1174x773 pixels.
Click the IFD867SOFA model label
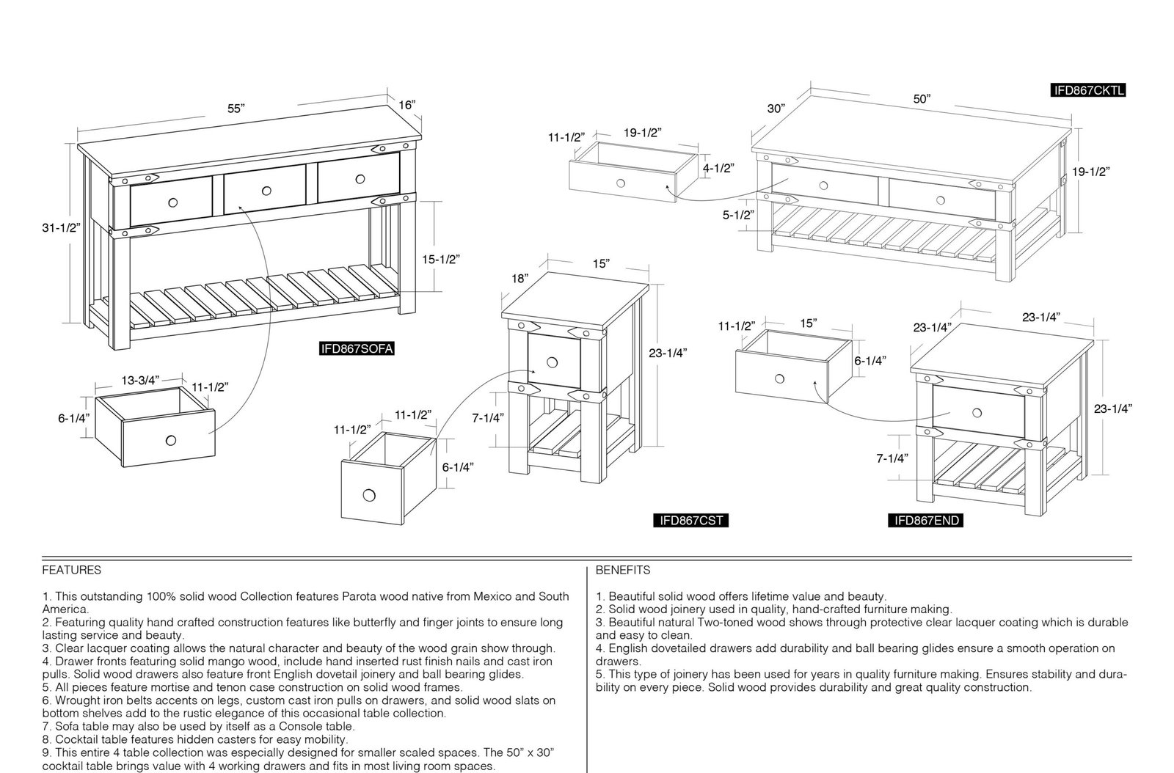coord(357,349)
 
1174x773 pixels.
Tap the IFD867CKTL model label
coord(1089,91)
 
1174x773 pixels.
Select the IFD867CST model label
coord(690,520)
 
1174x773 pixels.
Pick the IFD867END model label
coord(925,520)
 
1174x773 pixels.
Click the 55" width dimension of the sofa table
coord(236,109)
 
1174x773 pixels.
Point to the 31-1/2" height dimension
coord(62,228)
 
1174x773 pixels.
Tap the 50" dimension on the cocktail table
coord(922,99)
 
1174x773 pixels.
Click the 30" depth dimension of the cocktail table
coord(776,109)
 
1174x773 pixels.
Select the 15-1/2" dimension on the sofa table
coord(441,259)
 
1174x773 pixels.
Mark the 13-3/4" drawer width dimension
coord(140,380)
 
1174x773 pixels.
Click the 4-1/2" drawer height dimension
coord(718,168)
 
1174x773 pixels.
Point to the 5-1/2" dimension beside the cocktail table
coord(738,215)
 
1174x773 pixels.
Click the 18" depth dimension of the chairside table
coord(520,279)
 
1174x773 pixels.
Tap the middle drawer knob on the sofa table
coord(266,191)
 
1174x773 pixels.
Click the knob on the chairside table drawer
coord(552,362)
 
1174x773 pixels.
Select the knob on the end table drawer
coord(977,413)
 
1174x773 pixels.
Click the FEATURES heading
coord(72,570)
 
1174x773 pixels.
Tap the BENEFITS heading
coord(623,570)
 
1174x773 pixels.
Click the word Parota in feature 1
coord(359,596)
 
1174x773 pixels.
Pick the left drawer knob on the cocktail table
coord(823,186)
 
